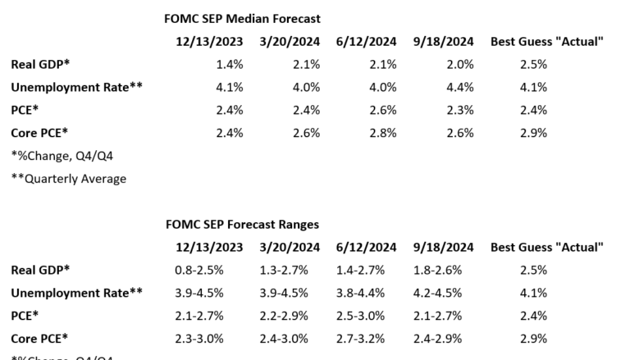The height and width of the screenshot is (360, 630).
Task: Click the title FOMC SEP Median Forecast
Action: (243, 18)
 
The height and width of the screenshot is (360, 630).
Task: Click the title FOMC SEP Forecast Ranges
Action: (242, 224)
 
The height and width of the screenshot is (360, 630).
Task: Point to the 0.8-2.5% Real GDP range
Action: (212, 270)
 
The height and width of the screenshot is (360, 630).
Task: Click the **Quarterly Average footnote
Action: (69, 178)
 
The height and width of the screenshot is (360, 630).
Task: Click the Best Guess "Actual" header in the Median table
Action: (547, 41)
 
